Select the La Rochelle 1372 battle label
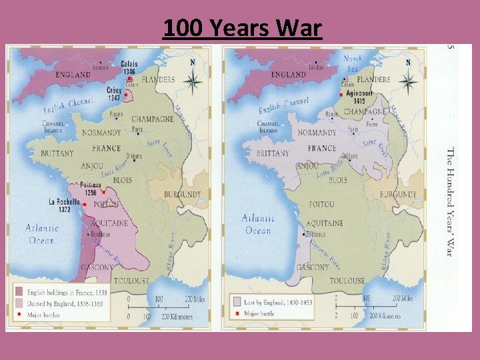(64, 205)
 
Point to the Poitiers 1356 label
(91, 188)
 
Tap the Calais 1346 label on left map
(129, 67)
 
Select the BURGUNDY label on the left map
(182, 195)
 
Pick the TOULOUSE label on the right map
(347, 281)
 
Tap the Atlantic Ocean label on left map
(42, 233)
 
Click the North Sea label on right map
(353, 63)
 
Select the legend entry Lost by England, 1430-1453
(279, 301)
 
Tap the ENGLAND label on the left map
(73, 75)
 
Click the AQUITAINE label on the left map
(109, 223)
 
